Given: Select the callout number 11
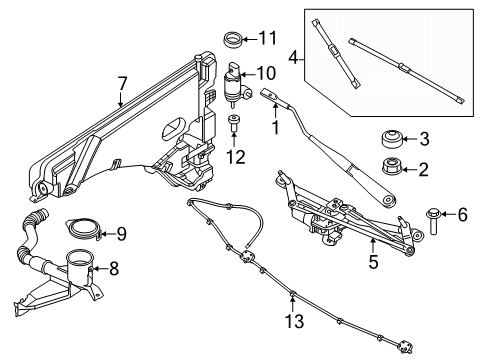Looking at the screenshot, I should [x=265, y=39].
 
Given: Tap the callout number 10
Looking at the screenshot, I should [x=265, y=73].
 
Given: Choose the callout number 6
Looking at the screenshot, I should [x=462, y=214].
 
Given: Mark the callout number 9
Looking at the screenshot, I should [x=120, y=234].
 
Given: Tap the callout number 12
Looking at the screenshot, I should [x=235, y=156].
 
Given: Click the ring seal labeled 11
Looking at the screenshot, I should [x=233, y=41].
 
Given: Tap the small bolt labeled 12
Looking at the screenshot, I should [x=234, y=124].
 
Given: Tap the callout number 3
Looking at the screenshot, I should [x=424, y=139].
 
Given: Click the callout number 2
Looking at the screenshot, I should [x=424, y=169].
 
